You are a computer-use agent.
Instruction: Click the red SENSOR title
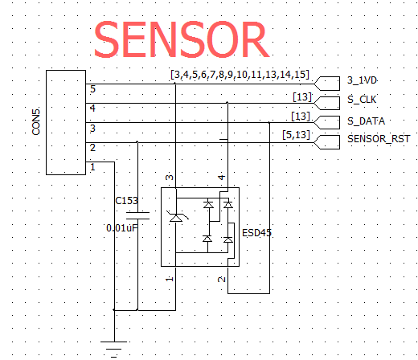pyautogui.click(x=182, y=39)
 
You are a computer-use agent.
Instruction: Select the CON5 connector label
pyautogui.click(x=36, y=122)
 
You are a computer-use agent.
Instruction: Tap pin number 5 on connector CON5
pyautogui.click(x=92, y=89)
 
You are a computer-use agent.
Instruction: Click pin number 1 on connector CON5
pyautogui.click(x=92, y=167)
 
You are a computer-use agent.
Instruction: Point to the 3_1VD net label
pyautogui.click(x=362, y=80)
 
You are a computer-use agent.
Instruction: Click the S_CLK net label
pyautogui.click(x=362, y=100)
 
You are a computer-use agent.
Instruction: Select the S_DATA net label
pyautogui.click(x=366, y=121)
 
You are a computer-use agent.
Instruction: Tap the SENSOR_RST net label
pyautogui.click(x=379, y=139)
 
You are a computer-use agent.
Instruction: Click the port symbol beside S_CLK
pyautogui.click(x=327, y=103)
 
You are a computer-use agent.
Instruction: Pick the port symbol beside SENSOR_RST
pyautogui.click(x=327, y=142)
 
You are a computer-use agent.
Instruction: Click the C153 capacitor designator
pyautogui.click(x=126, y=201)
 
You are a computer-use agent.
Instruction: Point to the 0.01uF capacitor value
pyautogui.click(x=122, y=228)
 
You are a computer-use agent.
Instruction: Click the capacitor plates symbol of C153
pyautogui.click(x=137, y=215)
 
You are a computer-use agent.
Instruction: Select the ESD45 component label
pyautogui.click(x=256, y=233)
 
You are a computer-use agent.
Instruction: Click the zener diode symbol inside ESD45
pyautogui.click(x=176, y=218)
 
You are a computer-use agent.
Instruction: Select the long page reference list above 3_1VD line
pyautogui.click(x=240, y=74)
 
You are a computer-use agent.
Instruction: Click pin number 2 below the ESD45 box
pyautogui.click(x=222, y=280)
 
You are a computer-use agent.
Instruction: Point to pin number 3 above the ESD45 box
pyautogui.click(x=170, y=178)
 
